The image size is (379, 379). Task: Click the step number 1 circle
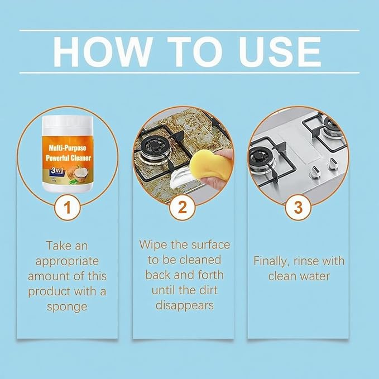67,208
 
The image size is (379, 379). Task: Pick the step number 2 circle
183,208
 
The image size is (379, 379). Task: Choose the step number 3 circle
298,208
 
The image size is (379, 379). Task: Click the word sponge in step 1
67,306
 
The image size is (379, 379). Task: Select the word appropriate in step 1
67,261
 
